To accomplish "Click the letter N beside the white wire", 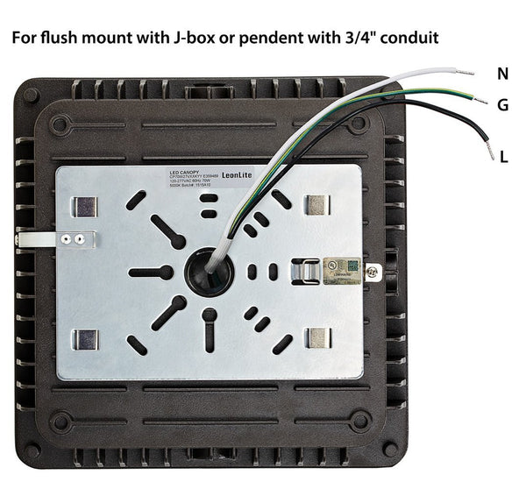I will (x=502, y=74).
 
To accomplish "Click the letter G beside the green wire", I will (x=502, y=105).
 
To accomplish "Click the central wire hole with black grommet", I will (x=210, y=273).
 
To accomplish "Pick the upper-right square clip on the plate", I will (x=316, y=205).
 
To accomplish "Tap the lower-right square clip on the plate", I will (x=317, y=338).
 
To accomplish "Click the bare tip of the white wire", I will (x=465, y=68).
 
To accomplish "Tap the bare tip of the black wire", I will (x=490, y=152).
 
